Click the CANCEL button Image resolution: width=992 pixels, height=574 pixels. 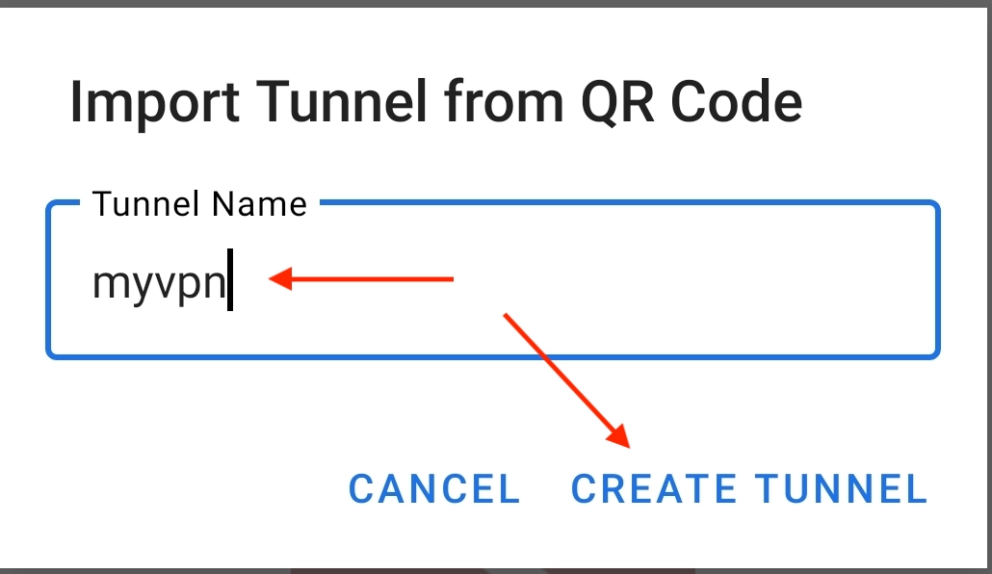[x=434, y=489]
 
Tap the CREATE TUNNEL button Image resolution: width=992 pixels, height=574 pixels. [x=749, y=489]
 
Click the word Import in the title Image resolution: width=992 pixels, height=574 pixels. [x=154, y=102]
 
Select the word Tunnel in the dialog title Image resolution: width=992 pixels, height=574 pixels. [x=342, y=101]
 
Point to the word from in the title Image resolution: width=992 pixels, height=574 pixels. [x=504, y=101]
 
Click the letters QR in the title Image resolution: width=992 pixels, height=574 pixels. [x=616, y=102]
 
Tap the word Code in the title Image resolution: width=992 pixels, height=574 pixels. [x=736, y=101]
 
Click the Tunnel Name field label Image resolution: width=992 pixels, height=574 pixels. [x=199, y=204]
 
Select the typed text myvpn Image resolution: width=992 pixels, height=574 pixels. [x=159, y=284]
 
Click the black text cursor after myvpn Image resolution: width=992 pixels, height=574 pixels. [x=230, y=279]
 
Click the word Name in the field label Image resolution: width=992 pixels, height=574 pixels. [x=259, y=204]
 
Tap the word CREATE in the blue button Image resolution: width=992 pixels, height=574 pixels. [x=654, y=489]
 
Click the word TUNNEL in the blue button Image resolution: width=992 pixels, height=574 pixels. [x=842, y=489]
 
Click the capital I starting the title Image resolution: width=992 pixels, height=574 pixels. [x=75, y=101]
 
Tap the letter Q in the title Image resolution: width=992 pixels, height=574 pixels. [x=598, y=103]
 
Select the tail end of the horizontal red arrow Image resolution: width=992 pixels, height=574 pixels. [x=453, y=278]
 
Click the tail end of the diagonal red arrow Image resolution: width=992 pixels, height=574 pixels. [x=505, y=314]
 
